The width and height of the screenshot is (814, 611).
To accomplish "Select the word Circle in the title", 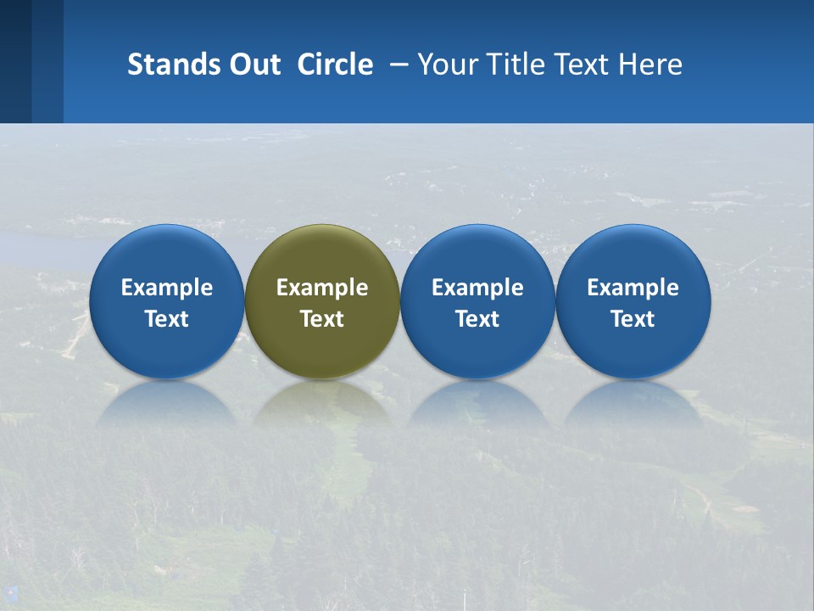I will click(x=335, y=64).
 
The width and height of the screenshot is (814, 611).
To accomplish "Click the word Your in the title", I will click(x=449, y=64).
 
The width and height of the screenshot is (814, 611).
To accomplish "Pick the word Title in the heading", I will click(x=515, y=64).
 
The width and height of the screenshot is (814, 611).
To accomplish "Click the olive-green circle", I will click(x=322, y=255).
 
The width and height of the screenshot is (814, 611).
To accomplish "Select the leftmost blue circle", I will click(x=166, y=255).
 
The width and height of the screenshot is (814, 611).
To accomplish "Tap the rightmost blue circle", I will click(x=633, y=255).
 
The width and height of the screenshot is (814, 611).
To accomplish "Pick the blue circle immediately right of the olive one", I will click(x=477, y=255).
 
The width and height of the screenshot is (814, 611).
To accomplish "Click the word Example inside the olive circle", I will click(x=322, y=288).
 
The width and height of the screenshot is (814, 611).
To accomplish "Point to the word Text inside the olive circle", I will click(x=322, y=319).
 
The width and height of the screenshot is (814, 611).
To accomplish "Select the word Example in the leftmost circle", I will click(x=166, y=288).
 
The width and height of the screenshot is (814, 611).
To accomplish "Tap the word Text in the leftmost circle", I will click(x=166, y=319).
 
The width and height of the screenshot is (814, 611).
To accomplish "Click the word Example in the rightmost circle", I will click(x=633, y=288).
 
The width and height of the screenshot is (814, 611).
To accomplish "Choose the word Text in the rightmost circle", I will click(x=633, y=319).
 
